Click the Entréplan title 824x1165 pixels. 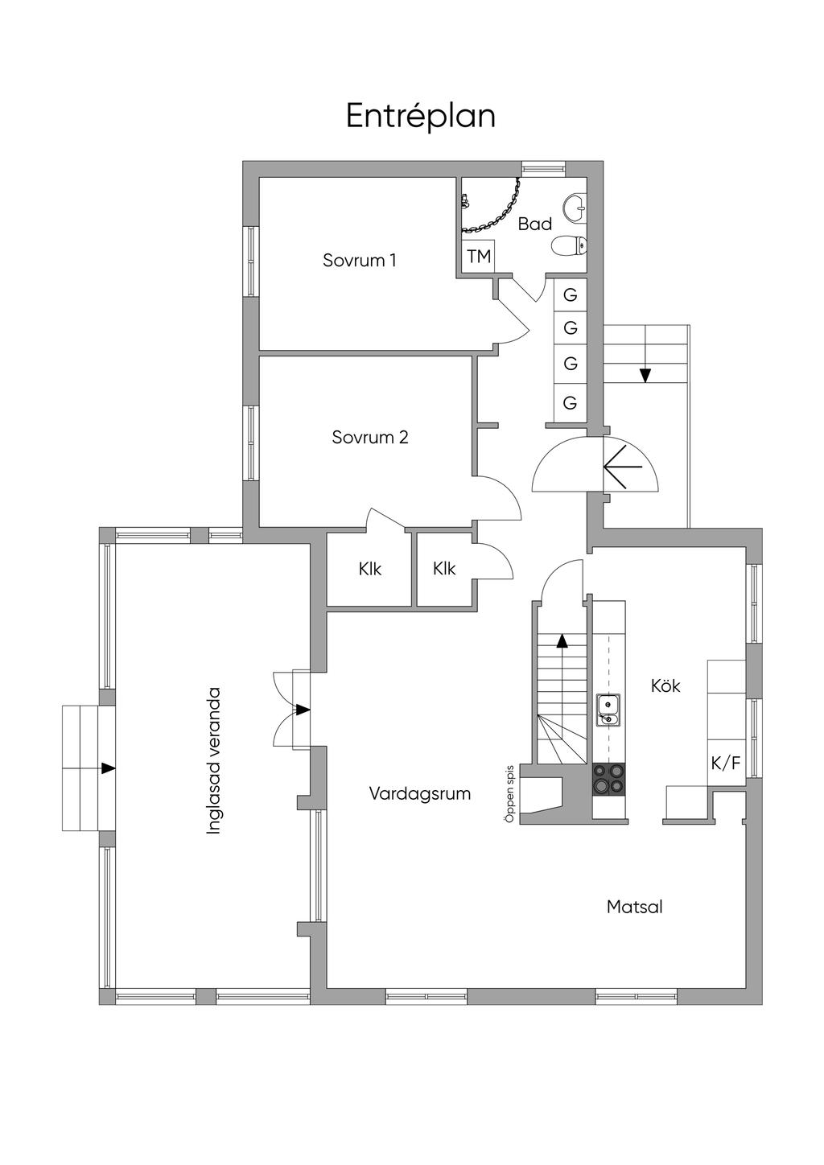420,116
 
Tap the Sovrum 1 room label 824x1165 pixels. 359,260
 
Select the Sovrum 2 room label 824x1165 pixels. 369,437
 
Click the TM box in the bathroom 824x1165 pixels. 478,257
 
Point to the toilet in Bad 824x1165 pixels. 567,245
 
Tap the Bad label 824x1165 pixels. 534,224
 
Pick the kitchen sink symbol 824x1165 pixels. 608,709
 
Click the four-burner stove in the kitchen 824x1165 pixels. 608,778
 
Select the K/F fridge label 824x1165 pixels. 725,763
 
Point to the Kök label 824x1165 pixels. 665,685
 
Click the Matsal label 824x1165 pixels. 634,907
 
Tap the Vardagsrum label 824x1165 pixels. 419,793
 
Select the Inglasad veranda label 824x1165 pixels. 213,760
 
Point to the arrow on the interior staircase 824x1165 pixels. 562,641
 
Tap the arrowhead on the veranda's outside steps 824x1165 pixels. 108,768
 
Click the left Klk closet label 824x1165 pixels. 369,569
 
